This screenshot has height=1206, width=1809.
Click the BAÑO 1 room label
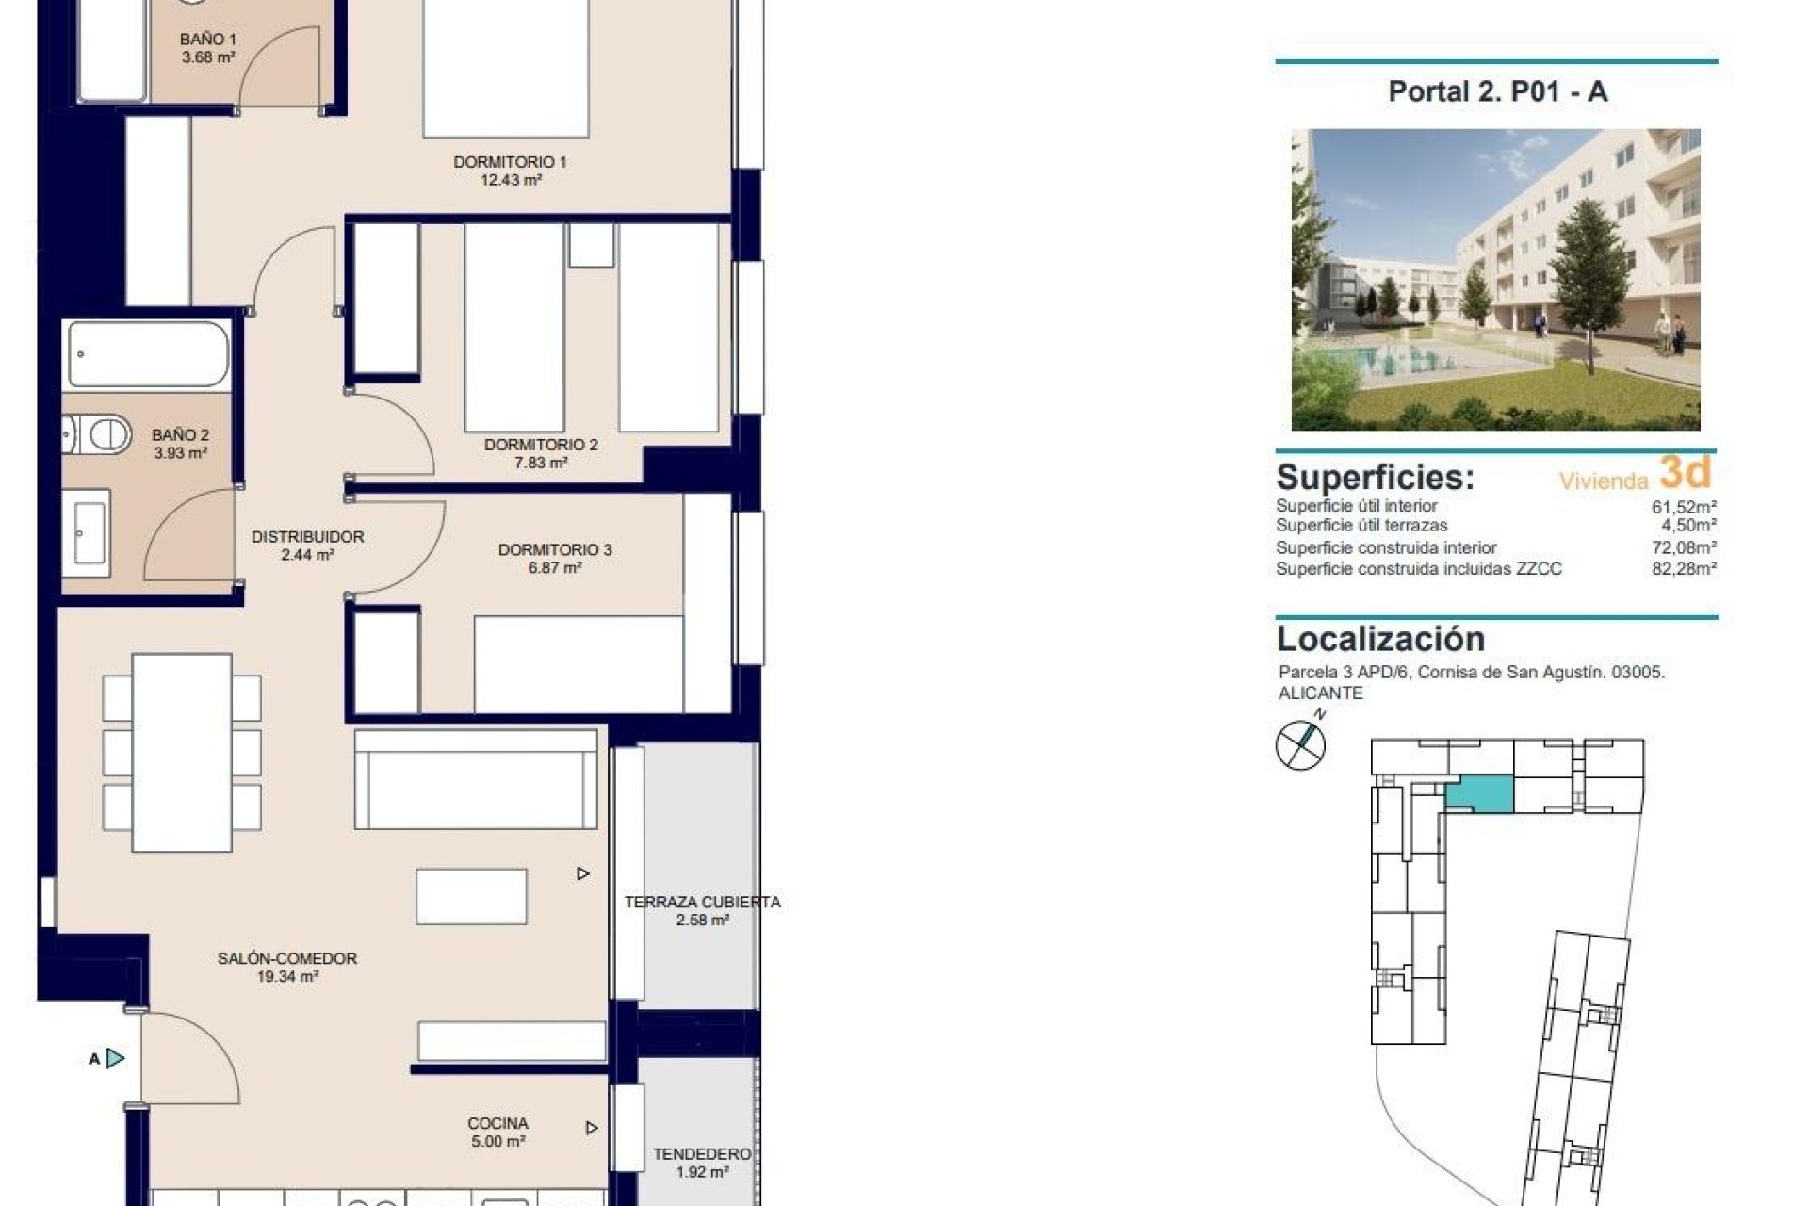point(208,40)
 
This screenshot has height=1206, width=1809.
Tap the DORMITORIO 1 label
point(510,162)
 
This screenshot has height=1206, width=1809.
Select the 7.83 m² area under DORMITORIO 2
point(541,463)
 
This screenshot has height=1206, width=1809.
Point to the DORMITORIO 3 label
point(555,549)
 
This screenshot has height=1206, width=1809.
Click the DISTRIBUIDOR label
point(307,537)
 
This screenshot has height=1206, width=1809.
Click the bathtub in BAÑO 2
point(148,354)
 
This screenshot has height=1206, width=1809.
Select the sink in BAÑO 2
point(90,532)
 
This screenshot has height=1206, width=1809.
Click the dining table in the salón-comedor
point(182,751)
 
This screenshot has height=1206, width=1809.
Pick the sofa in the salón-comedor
point(476,778)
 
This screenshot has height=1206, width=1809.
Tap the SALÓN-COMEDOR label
point(287,958)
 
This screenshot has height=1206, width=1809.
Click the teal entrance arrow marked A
point(114,1058)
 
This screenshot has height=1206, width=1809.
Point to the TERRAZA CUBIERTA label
point(702,902)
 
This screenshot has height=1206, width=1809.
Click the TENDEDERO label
point(702,1154)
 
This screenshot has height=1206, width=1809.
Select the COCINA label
point(497,1123)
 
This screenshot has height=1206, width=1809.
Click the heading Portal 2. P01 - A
point(1497,91)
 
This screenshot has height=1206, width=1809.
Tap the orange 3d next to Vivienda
point(1685,472)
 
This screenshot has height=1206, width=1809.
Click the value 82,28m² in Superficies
point(1684,568)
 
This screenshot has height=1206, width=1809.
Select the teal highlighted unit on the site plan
point(1480,794)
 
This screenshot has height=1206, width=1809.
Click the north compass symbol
point(1300,744)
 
